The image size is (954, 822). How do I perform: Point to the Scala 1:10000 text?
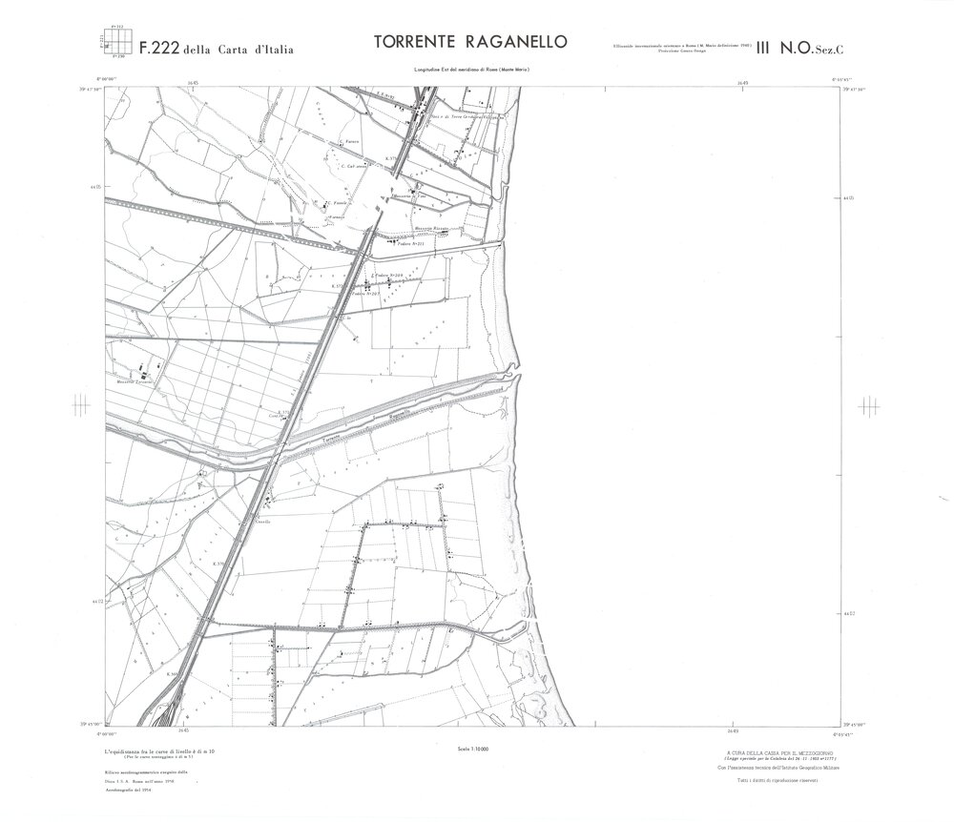[x=470, y=750]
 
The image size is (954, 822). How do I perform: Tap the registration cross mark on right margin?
[x=868, y=404]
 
